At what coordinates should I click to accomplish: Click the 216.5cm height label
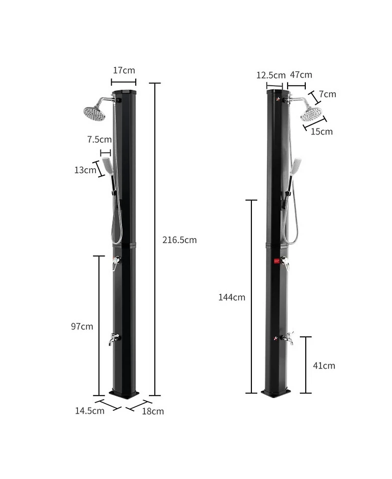point(179,240)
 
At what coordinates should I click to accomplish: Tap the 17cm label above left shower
point(123,70)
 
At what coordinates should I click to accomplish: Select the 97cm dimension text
point(82,327)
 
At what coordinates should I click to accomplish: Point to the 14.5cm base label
point(90,411)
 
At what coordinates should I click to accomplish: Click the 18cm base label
point(153,411)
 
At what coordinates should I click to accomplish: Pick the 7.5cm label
point(99,139)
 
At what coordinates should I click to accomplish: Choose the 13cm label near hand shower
point(85,170)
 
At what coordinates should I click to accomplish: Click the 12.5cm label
point(270,75)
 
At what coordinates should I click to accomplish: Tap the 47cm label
point(301,75)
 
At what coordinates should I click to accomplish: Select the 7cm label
point(327,94)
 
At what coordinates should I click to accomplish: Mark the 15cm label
point(322,131)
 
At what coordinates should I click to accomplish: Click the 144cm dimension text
point(232,297)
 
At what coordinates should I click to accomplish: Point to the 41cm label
point(324,366)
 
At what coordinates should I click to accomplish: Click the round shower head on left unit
point(94,113)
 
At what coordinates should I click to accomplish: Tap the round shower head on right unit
point(311,114)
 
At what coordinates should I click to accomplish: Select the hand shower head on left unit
point(107,166)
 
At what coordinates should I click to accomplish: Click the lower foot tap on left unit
point(114,339)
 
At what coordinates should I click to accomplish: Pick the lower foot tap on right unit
point(288,338)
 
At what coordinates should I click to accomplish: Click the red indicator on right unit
point(276,262)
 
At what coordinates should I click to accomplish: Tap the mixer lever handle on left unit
point(116,263)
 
